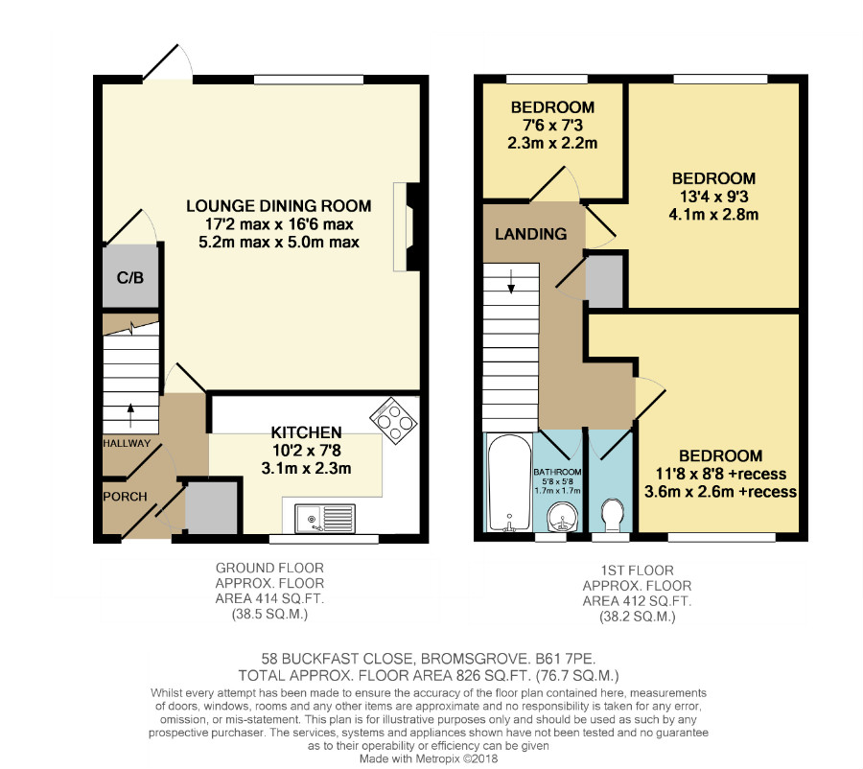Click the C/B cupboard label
tap(130, 277)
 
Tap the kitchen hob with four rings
tap(393, 421)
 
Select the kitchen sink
tap(324, 519)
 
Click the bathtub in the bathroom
tap(509, 482)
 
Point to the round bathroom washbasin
tap(562, 519)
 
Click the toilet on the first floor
tap(610, 515)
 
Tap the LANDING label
tap(530, 234)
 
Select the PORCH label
tap(125, 497)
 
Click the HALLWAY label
tap(127, 443)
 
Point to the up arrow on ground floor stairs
tap(130, 415)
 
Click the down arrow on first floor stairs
tap(511, 281)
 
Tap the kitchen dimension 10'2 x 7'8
tap(307, 451)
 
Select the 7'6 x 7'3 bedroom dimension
tap(552, 125)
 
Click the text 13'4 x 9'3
tap(713, 197)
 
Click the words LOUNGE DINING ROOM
tap(278, 206)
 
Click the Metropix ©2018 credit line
tap(429, 758)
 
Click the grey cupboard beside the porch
tap(211, 507)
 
